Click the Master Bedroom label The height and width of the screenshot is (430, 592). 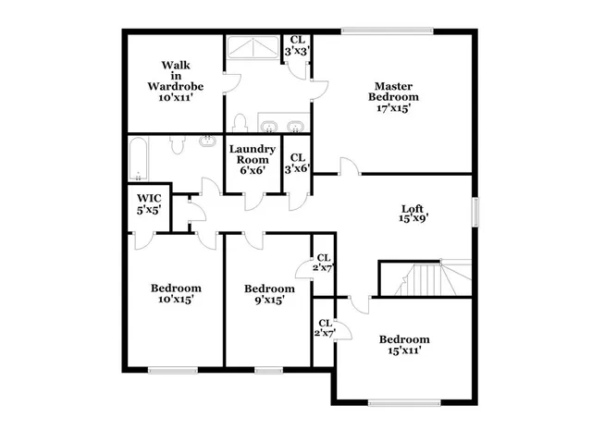click(393, 96)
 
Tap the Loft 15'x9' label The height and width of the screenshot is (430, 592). click(413, 214)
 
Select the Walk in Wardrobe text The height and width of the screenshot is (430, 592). click(176, 80)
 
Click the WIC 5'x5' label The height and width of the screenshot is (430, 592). click(149, 203)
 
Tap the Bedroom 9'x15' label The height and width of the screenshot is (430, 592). click(269, 294)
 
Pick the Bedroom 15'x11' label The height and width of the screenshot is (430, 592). click(404, 344)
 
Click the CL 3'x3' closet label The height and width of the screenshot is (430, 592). click(297, 45)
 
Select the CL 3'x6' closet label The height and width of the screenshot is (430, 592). click(297, 163)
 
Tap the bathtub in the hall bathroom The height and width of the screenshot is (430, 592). click(139, 159)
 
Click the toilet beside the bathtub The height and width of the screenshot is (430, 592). click(179, 144)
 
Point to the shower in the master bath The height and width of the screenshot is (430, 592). click(253, 48)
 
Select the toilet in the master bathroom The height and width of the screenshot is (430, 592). click(239, 124)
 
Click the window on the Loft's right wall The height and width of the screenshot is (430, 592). click(477, 212)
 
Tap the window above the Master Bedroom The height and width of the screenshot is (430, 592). click(386, 32)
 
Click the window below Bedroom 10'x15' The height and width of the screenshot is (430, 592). click(173, 370)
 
